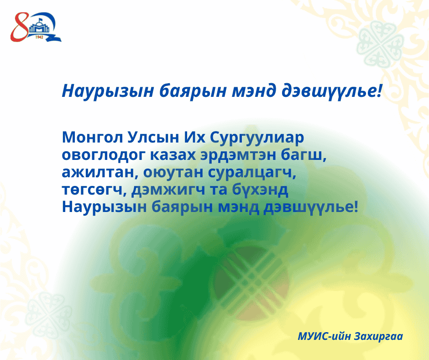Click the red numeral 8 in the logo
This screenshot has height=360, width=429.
tap(19, 27)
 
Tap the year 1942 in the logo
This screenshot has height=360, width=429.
tap(39, 37)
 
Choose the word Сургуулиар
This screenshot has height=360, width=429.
tap(257, 138)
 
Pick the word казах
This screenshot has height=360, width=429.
tap(173, 155)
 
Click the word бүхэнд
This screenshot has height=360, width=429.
tap(260, 190)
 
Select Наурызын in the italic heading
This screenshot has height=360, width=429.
tap(108, 91)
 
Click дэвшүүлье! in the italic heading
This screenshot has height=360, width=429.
tap(331, 91)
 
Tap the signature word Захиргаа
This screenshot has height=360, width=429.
tap(378, 336)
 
